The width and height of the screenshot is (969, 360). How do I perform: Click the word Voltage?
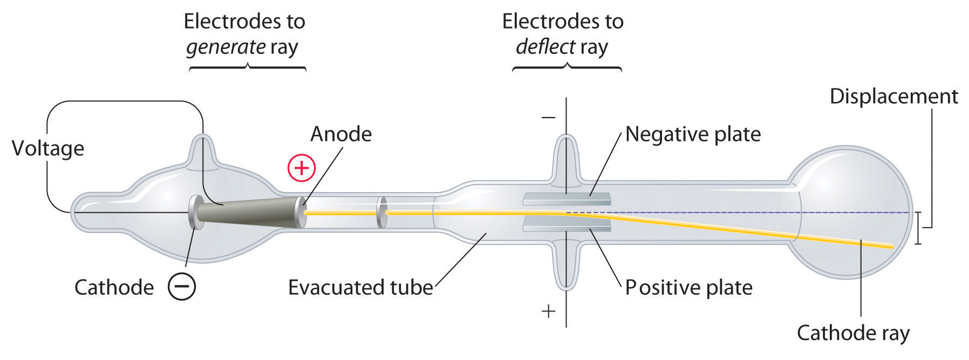pyautogui.click(x=48, y=148)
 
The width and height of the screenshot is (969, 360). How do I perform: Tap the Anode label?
pyautogui.click(x=341, y=134)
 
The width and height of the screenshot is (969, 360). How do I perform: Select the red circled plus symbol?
pyautogui.click(x=301, y=168)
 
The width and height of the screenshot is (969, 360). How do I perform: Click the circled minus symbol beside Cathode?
pyautogui.click(x=182, y=287)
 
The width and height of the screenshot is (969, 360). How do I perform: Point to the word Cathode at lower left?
pyautogui.click(x=114, y=287)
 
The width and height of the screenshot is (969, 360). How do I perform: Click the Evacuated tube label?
pyautogui.click(x=360, y=287)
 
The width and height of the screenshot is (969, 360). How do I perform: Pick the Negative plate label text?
pyautogui.click(x=693, y=134)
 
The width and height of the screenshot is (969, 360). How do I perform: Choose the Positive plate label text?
pyautogui.click(x=688, y=287)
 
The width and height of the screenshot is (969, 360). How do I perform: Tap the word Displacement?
pyautogui.click(x=893, y=96)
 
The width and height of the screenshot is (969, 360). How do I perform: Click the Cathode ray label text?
pyautogui.click(x=853, y=332)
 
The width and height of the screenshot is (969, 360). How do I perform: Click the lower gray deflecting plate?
pyautogui.click(x=567, y=226)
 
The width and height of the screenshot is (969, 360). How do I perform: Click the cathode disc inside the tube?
pyautogui.click(x=195, y=213)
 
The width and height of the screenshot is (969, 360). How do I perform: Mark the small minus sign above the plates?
pyautogui.click(x=548, y=117)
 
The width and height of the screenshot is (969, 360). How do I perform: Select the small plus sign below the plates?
pyautogui.click(x=548, y=311)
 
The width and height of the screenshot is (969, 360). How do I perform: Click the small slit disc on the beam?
pyautogui.click(x=382, y=212)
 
